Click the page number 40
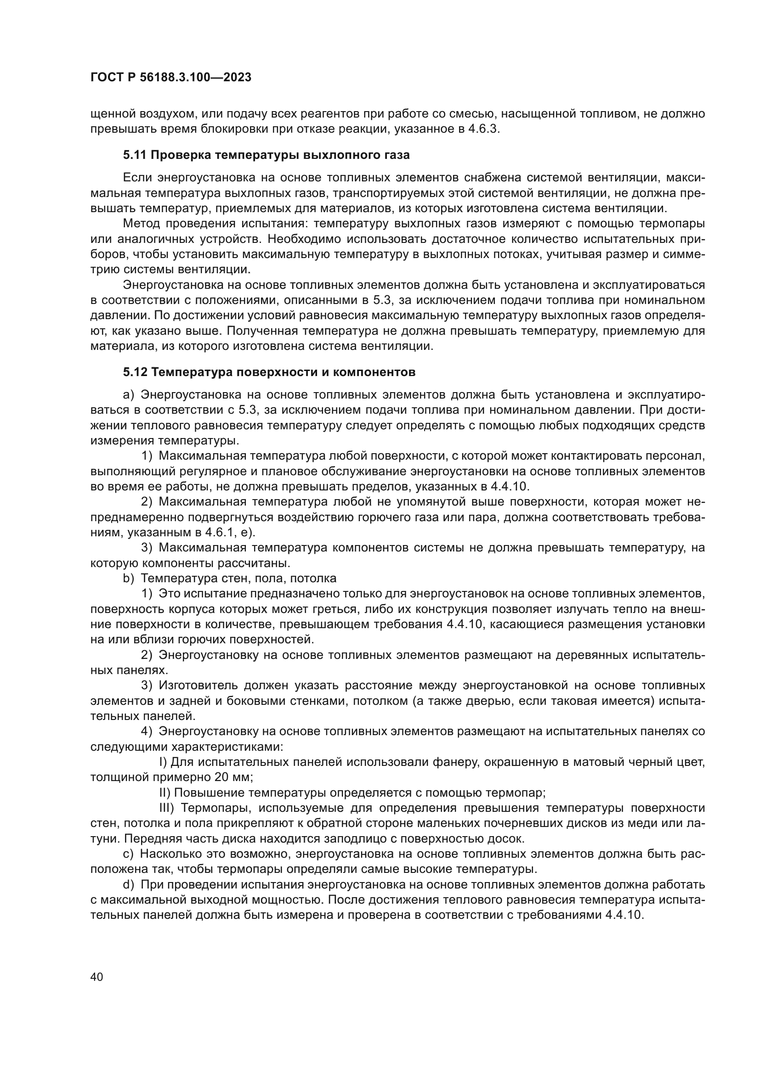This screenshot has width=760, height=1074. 96,977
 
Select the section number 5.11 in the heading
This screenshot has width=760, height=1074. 135,155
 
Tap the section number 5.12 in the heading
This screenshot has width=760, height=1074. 135,372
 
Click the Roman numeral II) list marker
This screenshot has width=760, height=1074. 165,793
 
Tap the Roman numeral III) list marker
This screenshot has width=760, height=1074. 167,808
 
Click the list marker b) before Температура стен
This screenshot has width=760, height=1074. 128,578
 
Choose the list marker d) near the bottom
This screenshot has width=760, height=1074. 128,885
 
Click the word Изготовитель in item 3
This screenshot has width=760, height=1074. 196,686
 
